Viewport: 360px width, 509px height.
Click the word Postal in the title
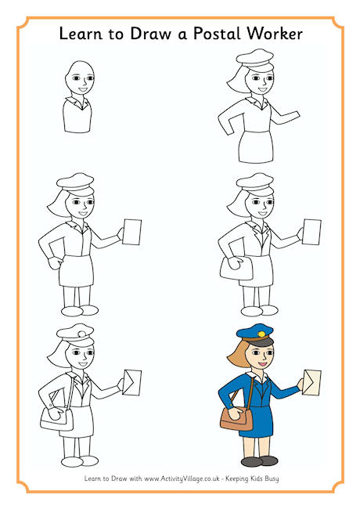click(217, 34)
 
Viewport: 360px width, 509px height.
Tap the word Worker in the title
click(275, 34)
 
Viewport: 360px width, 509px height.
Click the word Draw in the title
click(150, 34)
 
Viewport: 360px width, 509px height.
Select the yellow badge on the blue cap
click(261, 334)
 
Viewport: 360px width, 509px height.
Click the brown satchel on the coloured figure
click(236, 420)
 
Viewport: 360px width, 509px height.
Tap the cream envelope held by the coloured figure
click(311, 382)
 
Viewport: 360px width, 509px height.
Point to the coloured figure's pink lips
click(263, 364)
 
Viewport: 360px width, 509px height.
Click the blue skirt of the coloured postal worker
click(257, 421)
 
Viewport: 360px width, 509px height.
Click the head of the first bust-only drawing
click(80, 78)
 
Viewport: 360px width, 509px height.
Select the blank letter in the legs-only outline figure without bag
click(132, 232)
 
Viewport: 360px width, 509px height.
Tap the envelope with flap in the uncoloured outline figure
click(132, 382)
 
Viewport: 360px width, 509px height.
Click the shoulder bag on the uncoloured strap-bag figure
click(57, 419)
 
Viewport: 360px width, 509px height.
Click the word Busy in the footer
click(272, 478)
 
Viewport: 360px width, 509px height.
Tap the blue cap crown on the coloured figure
click(255, 331)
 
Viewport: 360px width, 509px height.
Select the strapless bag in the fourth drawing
click(236, 268)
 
